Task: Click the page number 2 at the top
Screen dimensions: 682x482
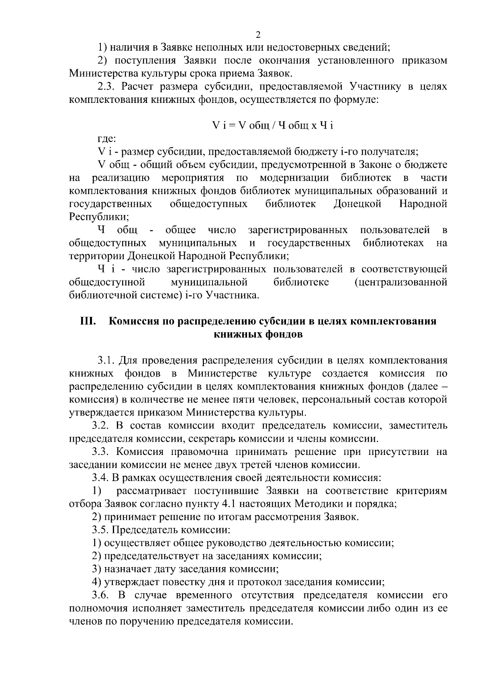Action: [x=258, y=34]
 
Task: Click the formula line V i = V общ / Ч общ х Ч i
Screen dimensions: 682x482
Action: [x=273, y=126]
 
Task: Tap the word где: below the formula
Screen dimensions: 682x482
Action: [x=107, y=139]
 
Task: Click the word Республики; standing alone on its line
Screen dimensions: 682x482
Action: [x=99, y=217]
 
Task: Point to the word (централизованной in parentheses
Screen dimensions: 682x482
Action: [x=401, y=282]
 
